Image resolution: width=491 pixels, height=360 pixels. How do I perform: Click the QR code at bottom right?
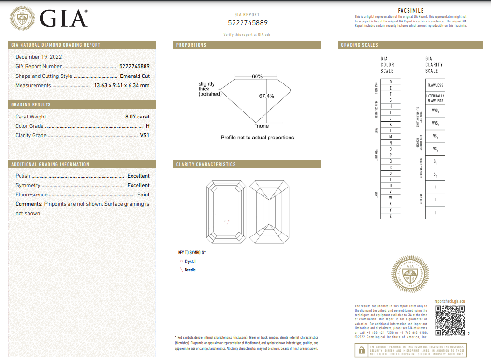(450, 321)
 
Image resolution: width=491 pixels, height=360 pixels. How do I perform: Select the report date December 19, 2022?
(38, 57)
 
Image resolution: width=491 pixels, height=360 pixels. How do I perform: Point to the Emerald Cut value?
(135, 76)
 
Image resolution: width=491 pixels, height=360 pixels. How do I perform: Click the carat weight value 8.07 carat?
(137, 117)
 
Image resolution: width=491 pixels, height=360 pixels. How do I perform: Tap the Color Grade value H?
(147, 126)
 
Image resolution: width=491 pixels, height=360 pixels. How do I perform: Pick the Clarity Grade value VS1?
(145, 135)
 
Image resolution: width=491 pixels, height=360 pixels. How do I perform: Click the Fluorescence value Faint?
(143, 194)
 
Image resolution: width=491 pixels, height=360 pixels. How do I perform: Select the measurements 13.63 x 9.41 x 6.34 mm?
(122, 85)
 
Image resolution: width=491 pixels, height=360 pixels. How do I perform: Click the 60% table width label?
(257, 76)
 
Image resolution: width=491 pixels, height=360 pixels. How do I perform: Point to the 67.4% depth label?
(267, 96)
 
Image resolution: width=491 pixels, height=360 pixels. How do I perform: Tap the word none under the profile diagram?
(263, 126)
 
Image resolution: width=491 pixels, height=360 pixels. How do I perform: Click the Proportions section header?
(191, 45)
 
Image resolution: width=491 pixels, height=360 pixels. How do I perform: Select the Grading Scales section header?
(360, 45)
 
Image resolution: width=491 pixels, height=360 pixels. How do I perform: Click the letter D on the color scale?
(390, 82)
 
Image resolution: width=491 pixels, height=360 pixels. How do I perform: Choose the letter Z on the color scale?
(390, 216)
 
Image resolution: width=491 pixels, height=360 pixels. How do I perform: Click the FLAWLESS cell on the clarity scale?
(435, 85)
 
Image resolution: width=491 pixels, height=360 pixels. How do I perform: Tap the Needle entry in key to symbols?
(190, 270)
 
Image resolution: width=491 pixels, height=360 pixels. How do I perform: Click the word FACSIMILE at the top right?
(410, 10)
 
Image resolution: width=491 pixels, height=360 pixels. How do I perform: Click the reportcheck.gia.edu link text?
(450, 302)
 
